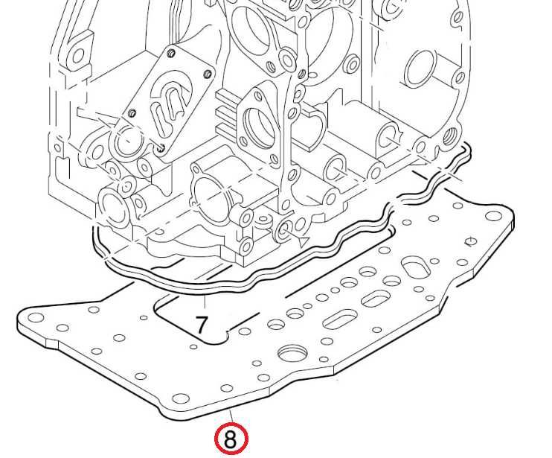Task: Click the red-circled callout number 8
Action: tap(231, 439)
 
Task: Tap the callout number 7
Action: tap(202, 324)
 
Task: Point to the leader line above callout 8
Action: tap(231, 416)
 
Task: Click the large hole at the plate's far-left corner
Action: tap(35, 318)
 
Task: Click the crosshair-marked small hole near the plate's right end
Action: tap(471, 242)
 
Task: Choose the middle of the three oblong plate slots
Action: tap(376, 299)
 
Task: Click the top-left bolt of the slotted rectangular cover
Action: tap(171, 53)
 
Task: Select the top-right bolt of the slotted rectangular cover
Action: tap(208, 74)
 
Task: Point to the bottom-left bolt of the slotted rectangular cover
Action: tap(132, 113)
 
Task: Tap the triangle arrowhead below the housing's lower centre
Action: tap(304, 242)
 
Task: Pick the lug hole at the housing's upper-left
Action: tap(78, 55)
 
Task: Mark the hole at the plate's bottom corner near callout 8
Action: tap(180, 399)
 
